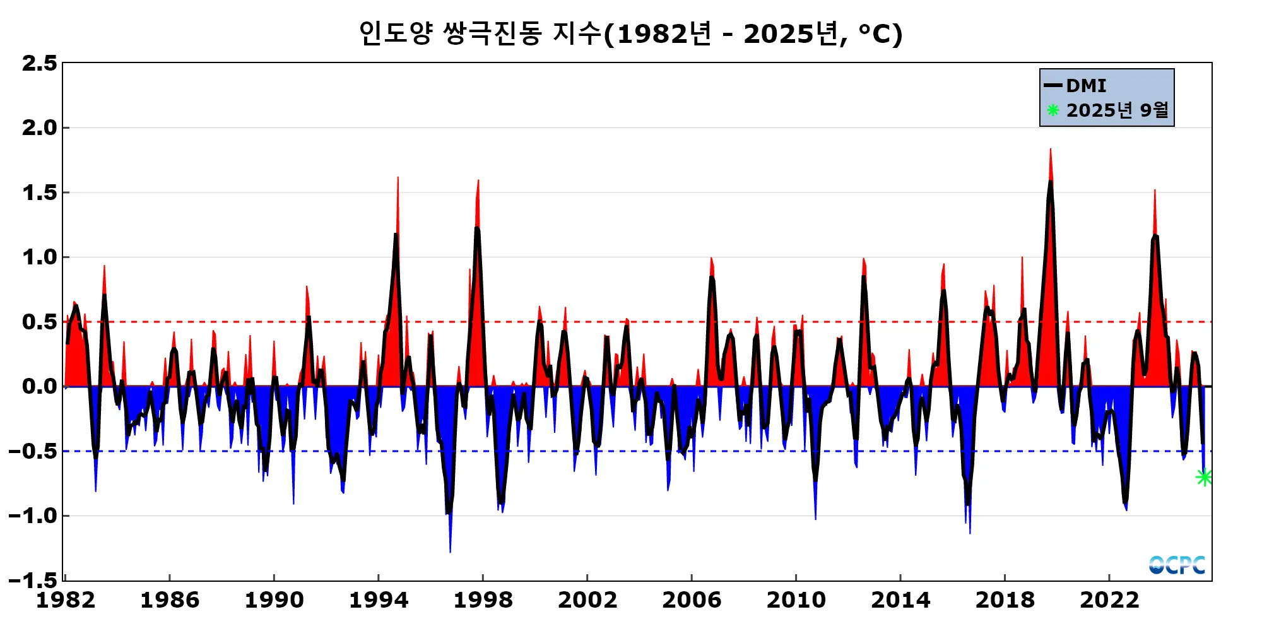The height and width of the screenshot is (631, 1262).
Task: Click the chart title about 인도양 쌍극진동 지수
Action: point(630,33)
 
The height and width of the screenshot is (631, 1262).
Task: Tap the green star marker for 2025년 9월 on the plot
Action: point(1204,477)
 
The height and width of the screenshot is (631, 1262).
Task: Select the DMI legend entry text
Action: point(1086,86)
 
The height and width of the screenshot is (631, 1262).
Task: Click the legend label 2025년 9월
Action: point(1117,110)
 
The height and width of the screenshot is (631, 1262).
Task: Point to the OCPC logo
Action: point(1177,565)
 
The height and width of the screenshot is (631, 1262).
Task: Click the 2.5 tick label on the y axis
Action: point(39,64)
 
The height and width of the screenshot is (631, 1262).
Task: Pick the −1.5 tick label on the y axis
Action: point(33,580)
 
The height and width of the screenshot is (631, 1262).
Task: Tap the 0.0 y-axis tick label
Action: point(39,386)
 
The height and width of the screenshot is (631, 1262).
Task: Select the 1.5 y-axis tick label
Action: point(39,193)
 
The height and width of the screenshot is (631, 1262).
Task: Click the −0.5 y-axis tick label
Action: point(33,451)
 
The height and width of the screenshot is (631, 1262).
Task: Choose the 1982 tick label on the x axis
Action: point(66,600)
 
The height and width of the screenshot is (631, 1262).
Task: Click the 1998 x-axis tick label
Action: point(483,600)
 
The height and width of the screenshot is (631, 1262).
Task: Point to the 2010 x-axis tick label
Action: point(796,600)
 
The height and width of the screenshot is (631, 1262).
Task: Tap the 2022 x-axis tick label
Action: point(1109,600)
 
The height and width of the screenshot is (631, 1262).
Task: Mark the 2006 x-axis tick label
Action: point(692,600)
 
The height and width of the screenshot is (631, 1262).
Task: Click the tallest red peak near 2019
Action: point(1051,150)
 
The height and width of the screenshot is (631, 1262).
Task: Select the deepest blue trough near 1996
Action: point(450,551)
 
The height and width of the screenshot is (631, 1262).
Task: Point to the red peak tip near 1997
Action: point(478,181)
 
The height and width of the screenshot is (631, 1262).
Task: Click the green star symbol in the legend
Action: point(1053,110)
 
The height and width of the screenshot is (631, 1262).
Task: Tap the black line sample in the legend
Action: point(1053,86)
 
